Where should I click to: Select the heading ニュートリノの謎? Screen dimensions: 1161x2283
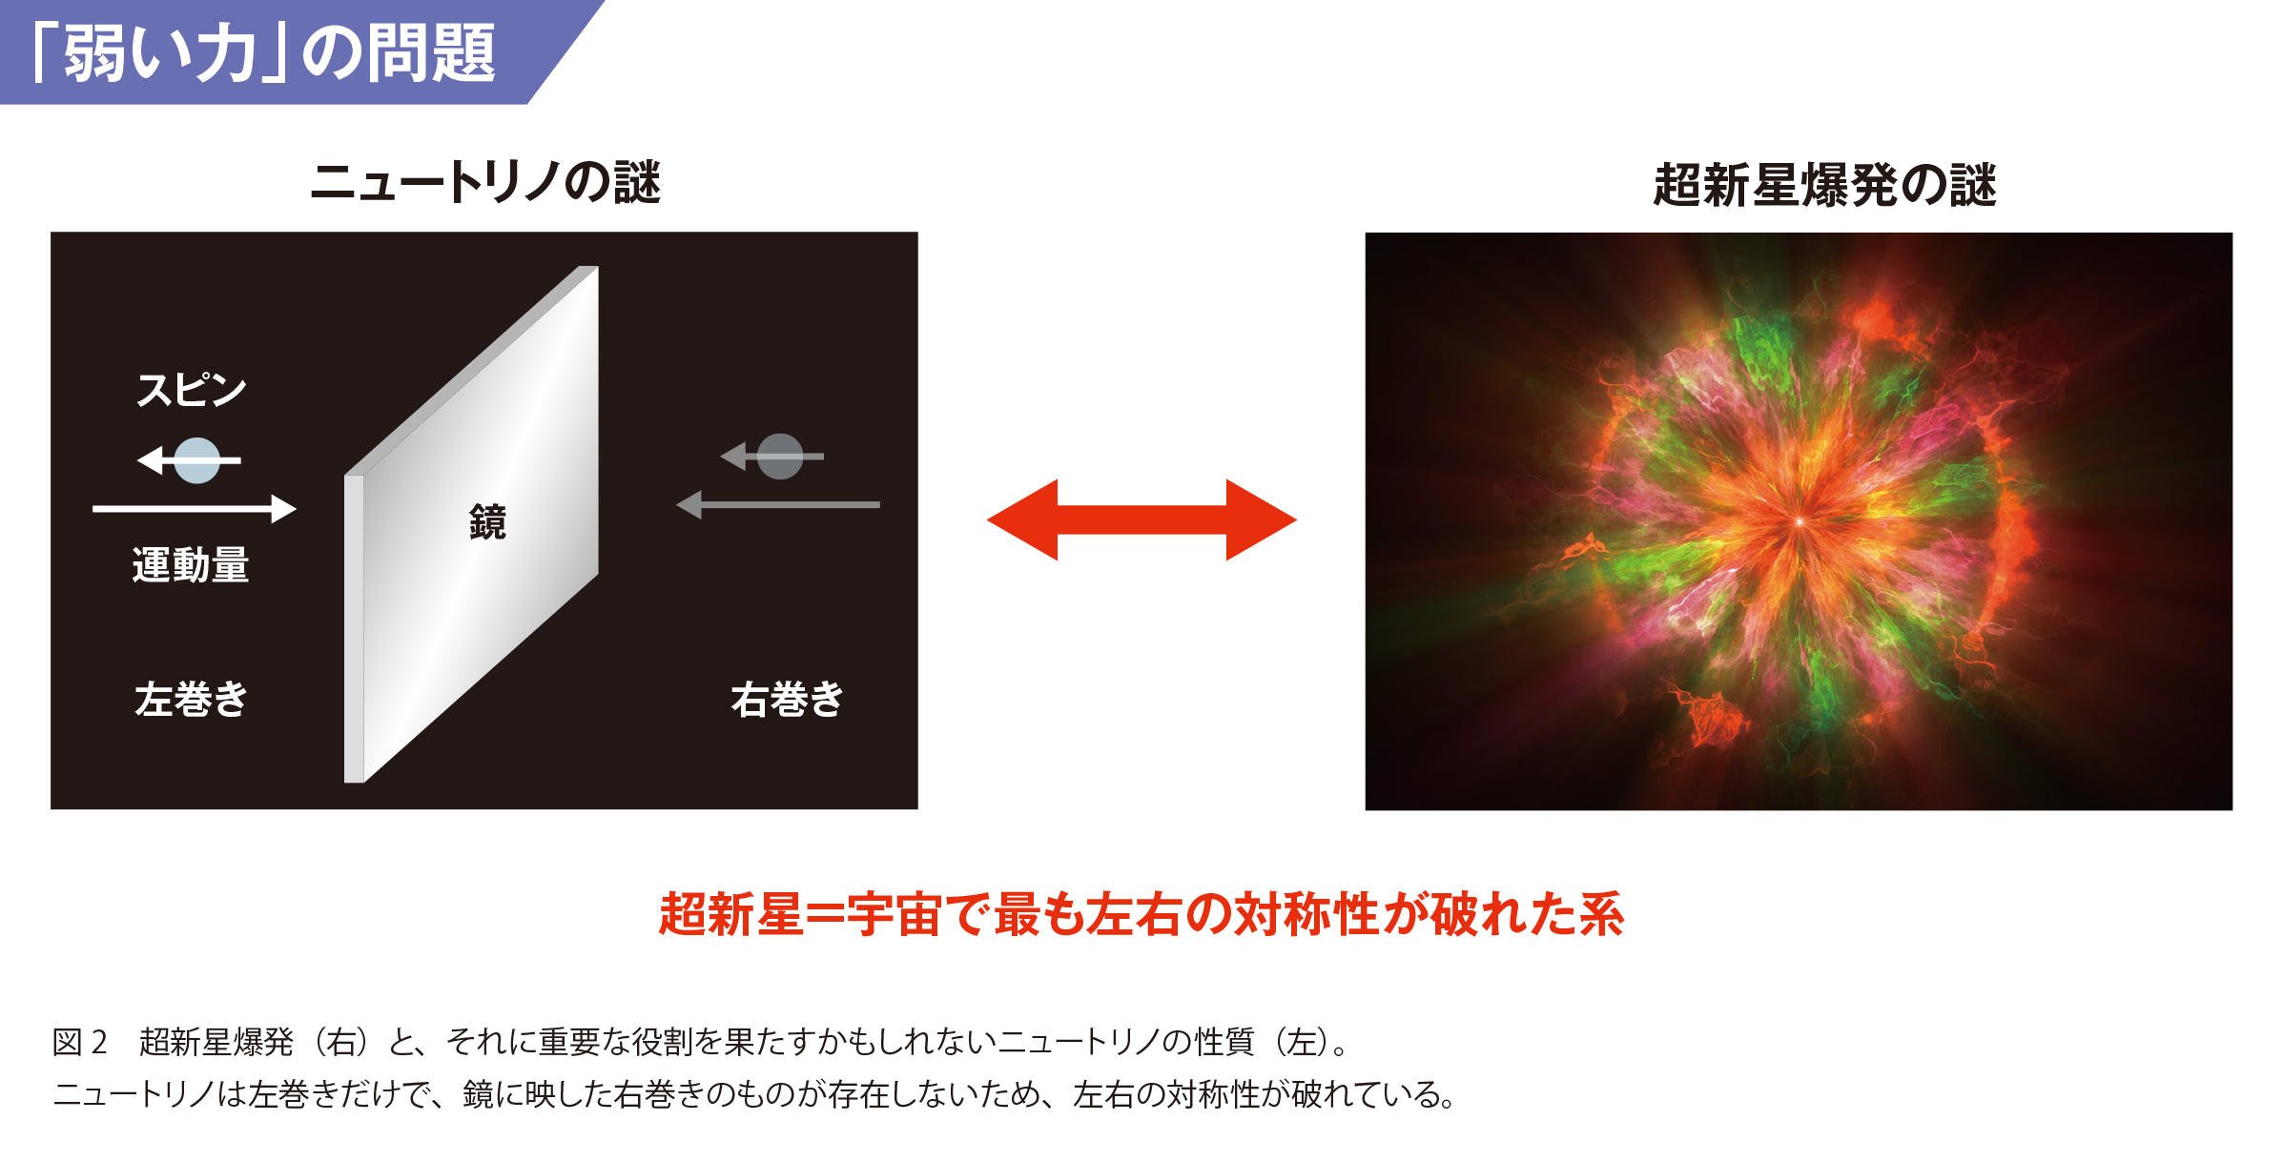485,182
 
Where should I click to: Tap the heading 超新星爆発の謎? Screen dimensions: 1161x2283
1824,185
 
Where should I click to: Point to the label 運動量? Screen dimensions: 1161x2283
191,565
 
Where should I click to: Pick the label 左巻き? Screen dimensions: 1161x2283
191,700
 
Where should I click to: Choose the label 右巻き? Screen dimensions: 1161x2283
788,700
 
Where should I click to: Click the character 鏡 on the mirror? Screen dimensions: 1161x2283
487,522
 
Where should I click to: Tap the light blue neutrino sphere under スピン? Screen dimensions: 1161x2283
197,460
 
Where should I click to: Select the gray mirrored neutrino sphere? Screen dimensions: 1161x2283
780,457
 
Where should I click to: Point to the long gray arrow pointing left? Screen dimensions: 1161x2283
777,504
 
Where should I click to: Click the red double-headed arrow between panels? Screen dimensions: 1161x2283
1141,520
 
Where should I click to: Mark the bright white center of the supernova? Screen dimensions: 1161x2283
1799,522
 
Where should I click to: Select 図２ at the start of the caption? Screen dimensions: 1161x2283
80,1042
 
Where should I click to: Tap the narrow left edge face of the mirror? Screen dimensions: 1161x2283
354,629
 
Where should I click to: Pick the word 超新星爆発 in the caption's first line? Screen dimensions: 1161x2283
216,1042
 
